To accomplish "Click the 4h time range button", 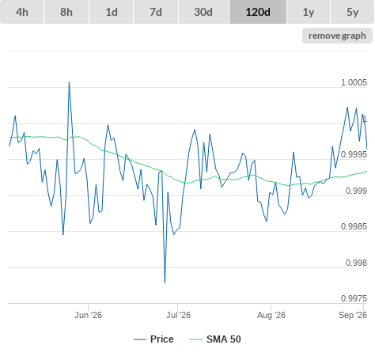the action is tap(21, 12).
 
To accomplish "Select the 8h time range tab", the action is tap(66, 12).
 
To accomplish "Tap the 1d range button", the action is tap(112, 12).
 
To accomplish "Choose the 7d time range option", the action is tap(156, 12).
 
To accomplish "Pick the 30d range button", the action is tap(203, 12).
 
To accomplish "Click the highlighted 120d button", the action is tap(258, 12).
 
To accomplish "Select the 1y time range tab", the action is tap(309, 12).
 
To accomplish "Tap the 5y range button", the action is tap(352, 12).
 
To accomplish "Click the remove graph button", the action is tap(337, 36).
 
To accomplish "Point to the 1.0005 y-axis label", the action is tap(354, 82).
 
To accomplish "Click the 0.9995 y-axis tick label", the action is tap(354, 154).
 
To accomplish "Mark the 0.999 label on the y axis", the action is tap(356, 191).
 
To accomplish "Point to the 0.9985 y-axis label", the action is tap(354, 226).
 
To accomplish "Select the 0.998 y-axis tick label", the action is tap(356, 263).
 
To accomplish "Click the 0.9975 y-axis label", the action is tap(354, 298).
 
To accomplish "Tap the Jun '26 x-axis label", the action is tap(88, 315).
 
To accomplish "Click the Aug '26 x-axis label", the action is tap(271, 315).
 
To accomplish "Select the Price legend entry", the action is tap(153, 339).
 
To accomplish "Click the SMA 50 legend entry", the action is tap(215, 339).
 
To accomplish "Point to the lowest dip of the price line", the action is tap(165, 283).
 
